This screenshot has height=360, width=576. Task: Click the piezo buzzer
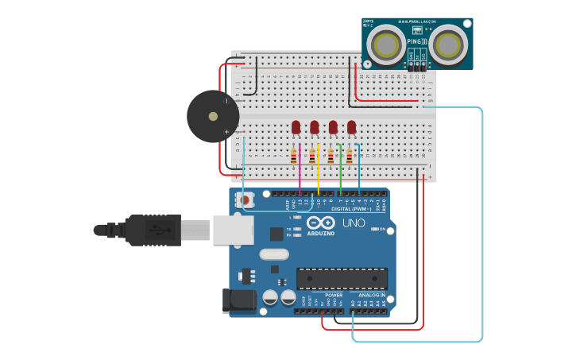click(212, 116)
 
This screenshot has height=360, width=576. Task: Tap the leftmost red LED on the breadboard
click(296, 127)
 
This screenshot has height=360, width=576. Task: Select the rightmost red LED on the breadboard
click(351, 127)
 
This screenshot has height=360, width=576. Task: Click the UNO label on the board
click(354, 223)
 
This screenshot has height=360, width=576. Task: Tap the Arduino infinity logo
click(321, 223)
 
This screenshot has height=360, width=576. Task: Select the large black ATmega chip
click(342, 278)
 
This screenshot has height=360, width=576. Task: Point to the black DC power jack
click(241, 300)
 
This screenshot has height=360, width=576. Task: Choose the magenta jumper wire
click(300, 171)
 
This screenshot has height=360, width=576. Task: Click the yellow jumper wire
click(319, 171)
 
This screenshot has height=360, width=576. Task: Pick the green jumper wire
click(340, 171)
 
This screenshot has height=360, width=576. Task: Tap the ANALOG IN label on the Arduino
click(371, 295)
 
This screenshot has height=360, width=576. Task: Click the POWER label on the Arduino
click(334, 295)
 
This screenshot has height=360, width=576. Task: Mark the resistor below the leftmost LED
click(294, 156)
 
